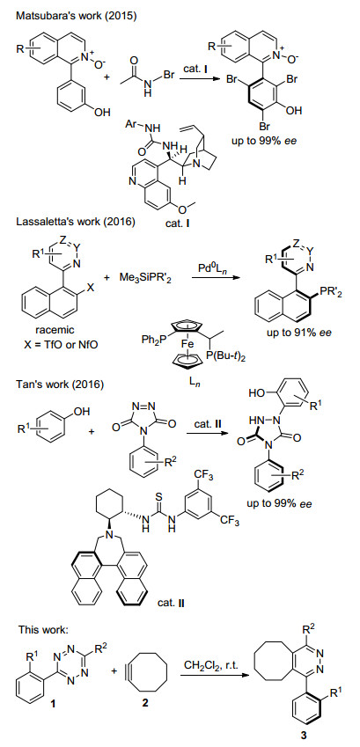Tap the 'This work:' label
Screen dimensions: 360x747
point(44,630)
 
